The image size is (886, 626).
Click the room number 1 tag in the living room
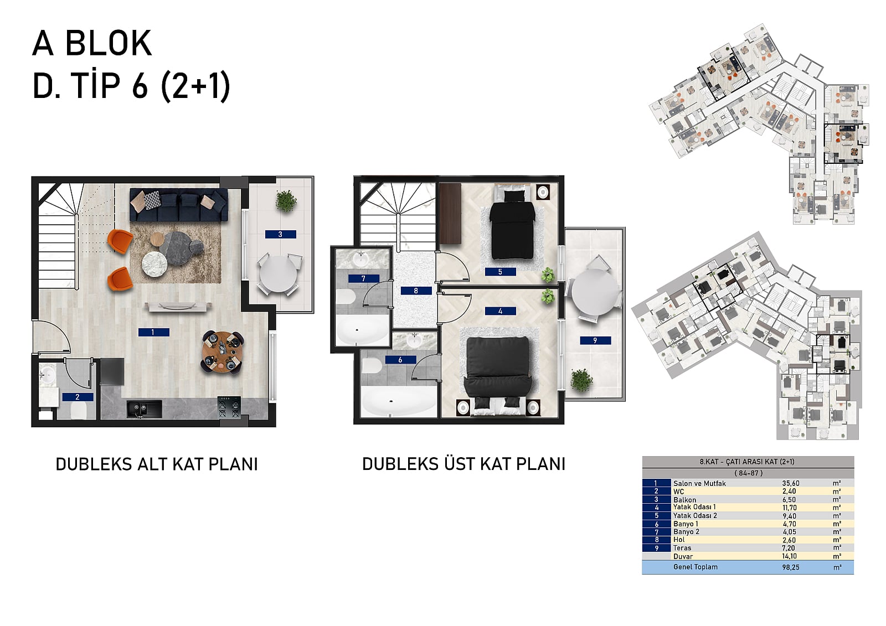click(153, 333)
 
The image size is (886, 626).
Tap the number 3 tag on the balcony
click(280, 234)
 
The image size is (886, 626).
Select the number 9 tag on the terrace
click(595, 340)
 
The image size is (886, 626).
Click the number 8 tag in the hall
click(416, 291)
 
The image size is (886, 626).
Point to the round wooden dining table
click(222, 352)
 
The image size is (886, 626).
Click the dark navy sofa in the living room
click(179, 204)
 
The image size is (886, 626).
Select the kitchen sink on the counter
click(144, 408)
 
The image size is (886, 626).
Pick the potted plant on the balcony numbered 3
click(286, 201)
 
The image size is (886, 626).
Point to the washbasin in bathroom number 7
click(360, 260)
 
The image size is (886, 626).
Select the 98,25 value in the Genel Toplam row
click(791, 567)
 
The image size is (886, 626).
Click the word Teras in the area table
click(682, 548)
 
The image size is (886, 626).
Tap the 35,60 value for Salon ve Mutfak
click(791, 483)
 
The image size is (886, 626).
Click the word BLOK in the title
click(109, 43)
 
